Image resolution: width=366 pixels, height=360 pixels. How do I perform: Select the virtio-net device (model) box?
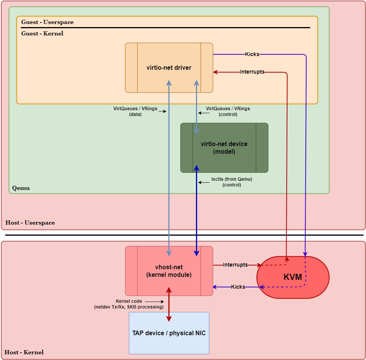point(224,148)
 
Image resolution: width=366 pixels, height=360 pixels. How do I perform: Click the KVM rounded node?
point(293,277)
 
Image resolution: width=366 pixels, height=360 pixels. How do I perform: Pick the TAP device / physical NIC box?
point(169,333)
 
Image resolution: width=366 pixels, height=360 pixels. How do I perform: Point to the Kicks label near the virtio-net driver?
point(252,54)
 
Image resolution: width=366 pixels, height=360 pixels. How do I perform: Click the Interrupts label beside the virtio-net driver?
point(252,72)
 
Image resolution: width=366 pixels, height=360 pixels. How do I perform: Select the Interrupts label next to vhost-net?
point(235,265)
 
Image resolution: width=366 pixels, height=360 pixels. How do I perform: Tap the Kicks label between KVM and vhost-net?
point(238,287)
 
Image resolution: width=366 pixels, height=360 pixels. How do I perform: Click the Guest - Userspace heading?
point(47,22)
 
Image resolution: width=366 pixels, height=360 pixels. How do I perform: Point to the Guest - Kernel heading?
point(42,34)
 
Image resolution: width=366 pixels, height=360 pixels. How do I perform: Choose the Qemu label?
point(21,188)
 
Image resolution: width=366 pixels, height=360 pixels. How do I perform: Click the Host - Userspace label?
point(30,223)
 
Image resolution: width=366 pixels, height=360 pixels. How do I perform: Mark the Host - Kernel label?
point(24,352)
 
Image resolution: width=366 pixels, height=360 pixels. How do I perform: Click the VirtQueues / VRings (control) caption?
point(228,111)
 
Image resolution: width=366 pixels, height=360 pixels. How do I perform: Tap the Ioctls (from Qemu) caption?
point(232,182)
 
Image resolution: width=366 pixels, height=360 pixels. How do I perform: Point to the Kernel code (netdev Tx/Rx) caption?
point(129,304)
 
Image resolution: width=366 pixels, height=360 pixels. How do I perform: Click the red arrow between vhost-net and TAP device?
point(169,304)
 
